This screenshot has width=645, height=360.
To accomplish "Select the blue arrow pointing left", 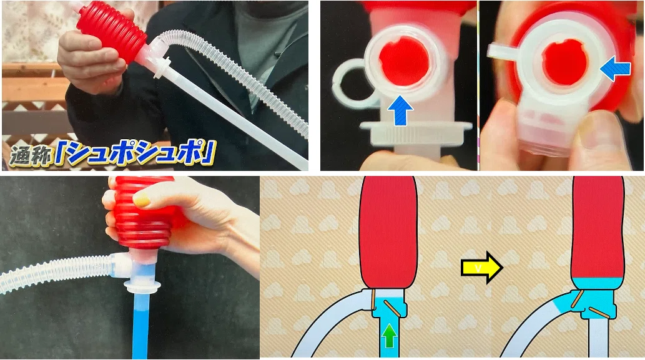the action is click(615, 69).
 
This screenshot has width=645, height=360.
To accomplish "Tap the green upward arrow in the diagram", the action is click(389, 335).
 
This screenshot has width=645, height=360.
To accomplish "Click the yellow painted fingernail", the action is click(142, 200).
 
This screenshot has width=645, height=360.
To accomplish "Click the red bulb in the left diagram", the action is click(388, 232).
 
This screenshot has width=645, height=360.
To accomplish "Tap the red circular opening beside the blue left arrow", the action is click(565, 62).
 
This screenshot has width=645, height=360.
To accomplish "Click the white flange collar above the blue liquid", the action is click(142, 287).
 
